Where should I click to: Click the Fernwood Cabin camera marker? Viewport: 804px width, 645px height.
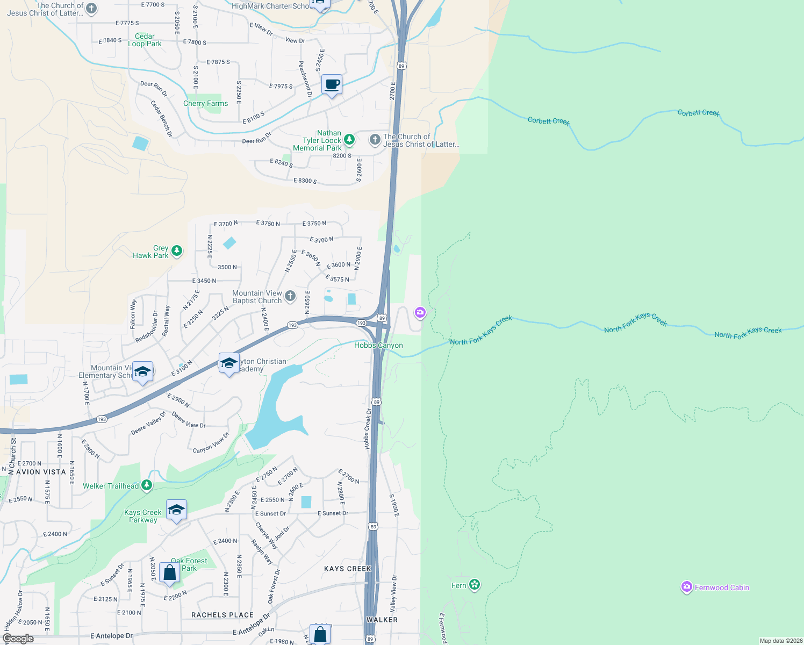tap(686, 587)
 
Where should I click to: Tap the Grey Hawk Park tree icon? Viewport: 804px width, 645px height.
tap(176, 251)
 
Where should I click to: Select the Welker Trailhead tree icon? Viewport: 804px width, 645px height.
tap(146, 485)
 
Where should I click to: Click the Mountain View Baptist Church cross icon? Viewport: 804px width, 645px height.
tap(290, 296)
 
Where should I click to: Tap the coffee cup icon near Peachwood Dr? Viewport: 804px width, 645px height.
tap(332, 85)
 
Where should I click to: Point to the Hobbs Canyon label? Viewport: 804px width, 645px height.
tap(378, 345)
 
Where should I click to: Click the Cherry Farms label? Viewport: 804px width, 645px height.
tap(205, 103)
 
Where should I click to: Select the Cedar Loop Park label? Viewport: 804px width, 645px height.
tap(145, 40)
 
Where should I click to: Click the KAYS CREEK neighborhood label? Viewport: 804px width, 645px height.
tap(348, 568)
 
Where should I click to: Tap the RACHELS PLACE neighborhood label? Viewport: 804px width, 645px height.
tap(222, 614)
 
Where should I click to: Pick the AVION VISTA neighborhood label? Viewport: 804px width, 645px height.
tap(41, 472)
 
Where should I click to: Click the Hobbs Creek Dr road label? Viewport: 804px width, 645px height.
tap(368, 428)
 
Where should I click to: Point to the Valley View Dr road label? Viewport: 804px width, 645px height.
tap(393, 593)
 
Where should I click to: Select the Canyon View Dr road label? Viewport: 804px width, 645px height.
tap(211, 442)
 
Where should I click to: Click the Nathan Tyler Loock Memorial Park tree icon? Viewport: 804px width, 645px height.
tap(349, 140)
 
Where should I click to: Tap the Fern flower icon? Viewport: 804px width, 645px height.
tap(474, 585)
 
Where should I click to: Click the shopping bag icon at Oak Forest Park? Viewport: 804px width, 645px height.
tap(169, 574)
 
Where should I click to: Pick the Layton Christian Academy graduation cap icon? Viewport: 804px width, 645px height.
tap(229, 363)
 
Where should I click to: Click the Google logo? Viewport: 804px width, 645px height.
tap(18, 639)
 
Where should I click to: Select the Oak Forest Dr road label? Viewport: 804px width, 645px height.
tap(274, 585)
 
